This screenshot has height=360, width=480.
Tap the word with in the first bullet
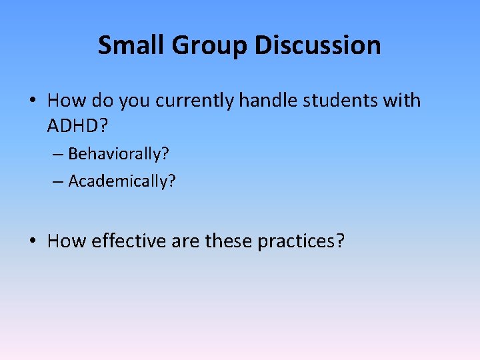pos(403,101)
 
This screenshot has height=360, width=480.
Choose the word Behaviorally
pos(117,155)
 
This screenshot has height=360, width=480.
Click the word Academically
pos(121,181)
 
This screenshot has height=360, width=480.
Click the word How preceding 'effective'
pos(67,241)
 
